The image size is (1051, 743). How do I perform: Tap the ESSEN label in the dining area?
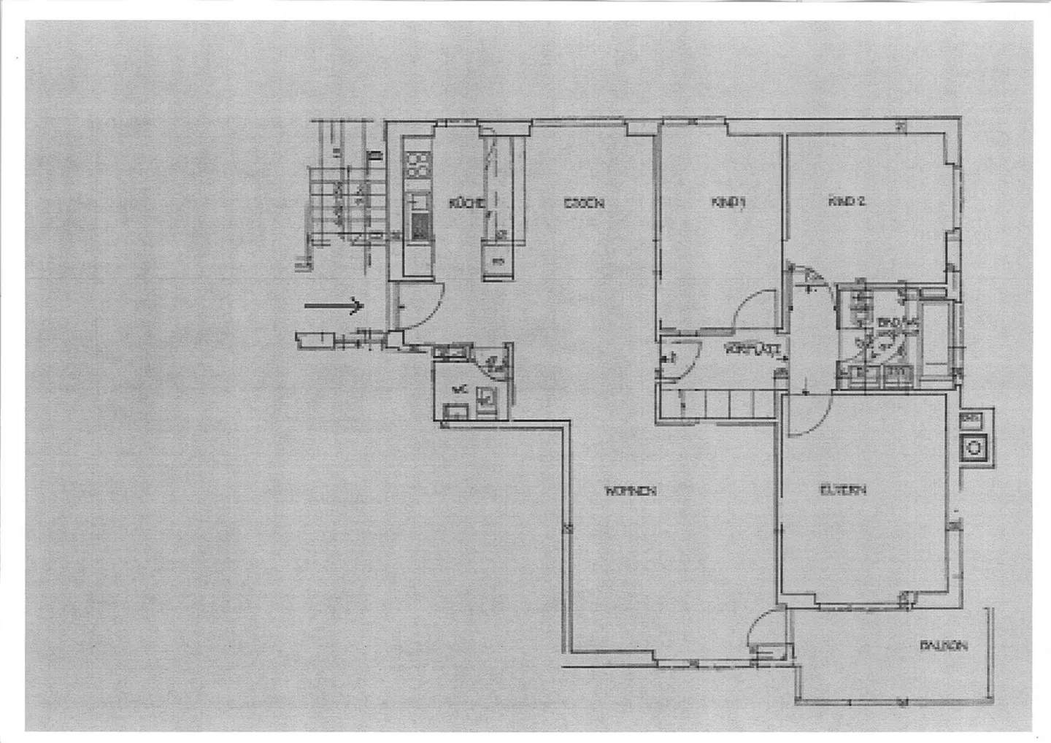pyautogui.click(x=583, y=204)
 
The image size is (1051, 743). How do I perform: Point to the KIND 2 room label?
pyautogui.click(x=846, y=201)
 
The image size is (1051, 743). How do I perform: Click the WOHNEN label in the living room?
pyautogui.click(x=630, y=490)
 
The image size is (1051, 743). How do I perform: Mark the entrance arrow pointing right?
pyautogui.click(x=334, y=306)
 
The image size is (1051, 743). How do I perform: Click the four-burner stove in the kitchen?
pyautogui.click(x=417, y=165)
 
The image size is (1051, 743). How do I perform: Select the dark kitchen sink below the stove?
pyautogui.click(x=420, y=226)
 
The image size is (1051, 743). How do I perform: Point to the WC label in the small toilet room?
pyautogui.click(x=458, y=390)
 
